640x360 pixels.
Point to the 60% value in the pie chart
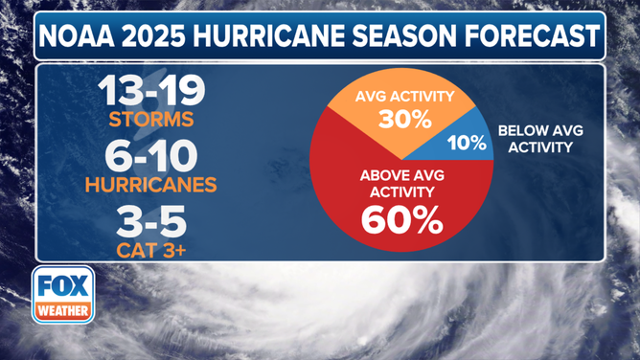point(401,220)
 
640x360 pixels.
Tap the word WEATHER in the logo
point(63,310)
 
